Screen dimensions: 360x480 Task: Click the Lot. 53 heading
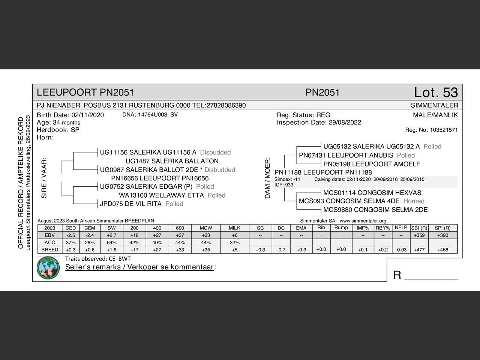pyautogui.click(x=436, y=92)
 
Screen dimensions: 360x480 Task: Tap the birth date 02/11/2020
pyautogui.click(x=87, y=115)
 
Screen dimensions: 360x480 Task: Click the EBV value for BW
pyautogui.click(x=111, y=235)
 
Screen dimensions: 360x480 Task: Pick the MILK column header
pyautogui.click(x=234, y=228)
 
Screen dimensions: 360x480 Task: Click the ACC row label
pyautogui.click(x=49, y=242)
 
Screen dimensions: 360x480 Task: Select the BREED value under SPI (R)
pyautogui.click(x=442, y=250)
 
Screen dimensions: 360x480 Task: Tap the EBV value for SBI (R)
pyautogui.click(x=419, y=235)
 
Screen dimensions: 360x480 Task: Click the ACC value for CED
pyautogui.click(x=70, y=242)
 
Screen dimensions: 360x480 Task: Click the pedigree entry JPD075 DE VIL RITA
pyautogui.click(x=130, y=204)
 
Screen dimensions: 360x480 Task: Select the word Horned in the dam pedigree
pyautogui.click(x=414, y=201)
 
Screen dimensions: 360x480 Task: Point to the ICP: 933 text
pyautogui.click(x=284, y=185)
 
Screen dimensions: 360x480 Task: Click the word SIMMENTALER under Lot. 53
pyautogui.click(x=434, y=105)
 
